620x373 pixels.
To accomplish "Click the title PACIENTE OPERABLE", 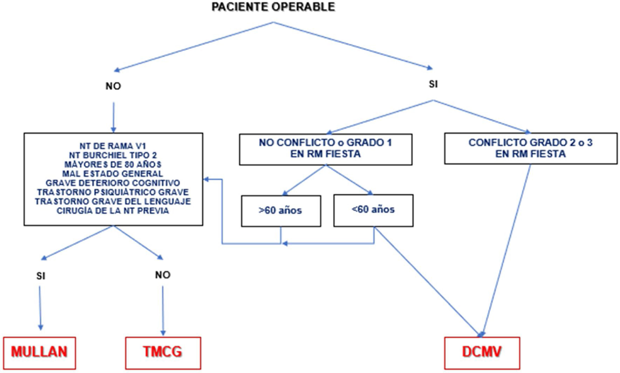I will pos(273,7).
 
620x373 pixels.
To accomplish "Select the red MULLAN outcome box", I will pos(39,352).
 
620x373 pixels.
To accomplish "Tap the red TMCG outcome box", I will pos(163,352).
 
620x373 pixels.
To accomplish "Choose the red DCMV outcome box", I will pos(482,352).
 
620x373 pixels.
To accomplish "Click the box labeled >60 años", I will pos(281,211).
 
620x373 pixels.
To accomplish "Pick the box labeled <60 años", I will pos(373,210).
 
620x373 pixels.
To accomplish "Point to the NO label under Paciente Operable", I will pos(113,86).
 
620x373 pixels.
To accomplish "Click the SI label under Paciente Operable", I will pos(433,84).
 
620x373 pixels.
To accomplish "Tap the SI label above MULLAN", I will pos(41,276).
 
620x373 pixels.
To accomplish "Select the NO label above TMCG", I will pos(163,275).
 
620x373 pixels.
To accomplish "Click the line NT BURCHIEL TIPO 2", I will pos(114,155).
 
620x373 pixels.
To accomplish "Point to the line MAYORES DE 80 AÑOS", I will pos(113,164).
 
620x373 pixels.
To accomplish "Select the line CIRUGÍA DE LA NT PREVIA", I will pos(113,211).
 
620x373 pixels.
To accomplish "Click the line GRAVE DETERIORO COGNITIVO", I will pos(113,183).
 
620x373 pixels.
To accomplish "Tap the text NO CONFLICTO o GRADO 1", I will pos(325,143).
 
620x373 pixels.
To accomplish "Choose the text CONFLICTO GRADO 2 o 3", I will pos(530,143).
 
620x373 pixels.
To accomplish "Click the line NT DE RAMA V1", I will pos(113,146).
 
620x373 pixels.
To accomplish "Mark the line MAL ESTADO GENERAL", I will pos(113,174).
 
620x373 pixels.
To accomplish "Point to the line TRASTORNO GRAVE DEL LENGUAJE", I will pos(113,201).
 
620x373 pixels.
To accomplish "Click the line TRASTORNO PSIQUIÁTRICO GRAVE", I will pos(113,192).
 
